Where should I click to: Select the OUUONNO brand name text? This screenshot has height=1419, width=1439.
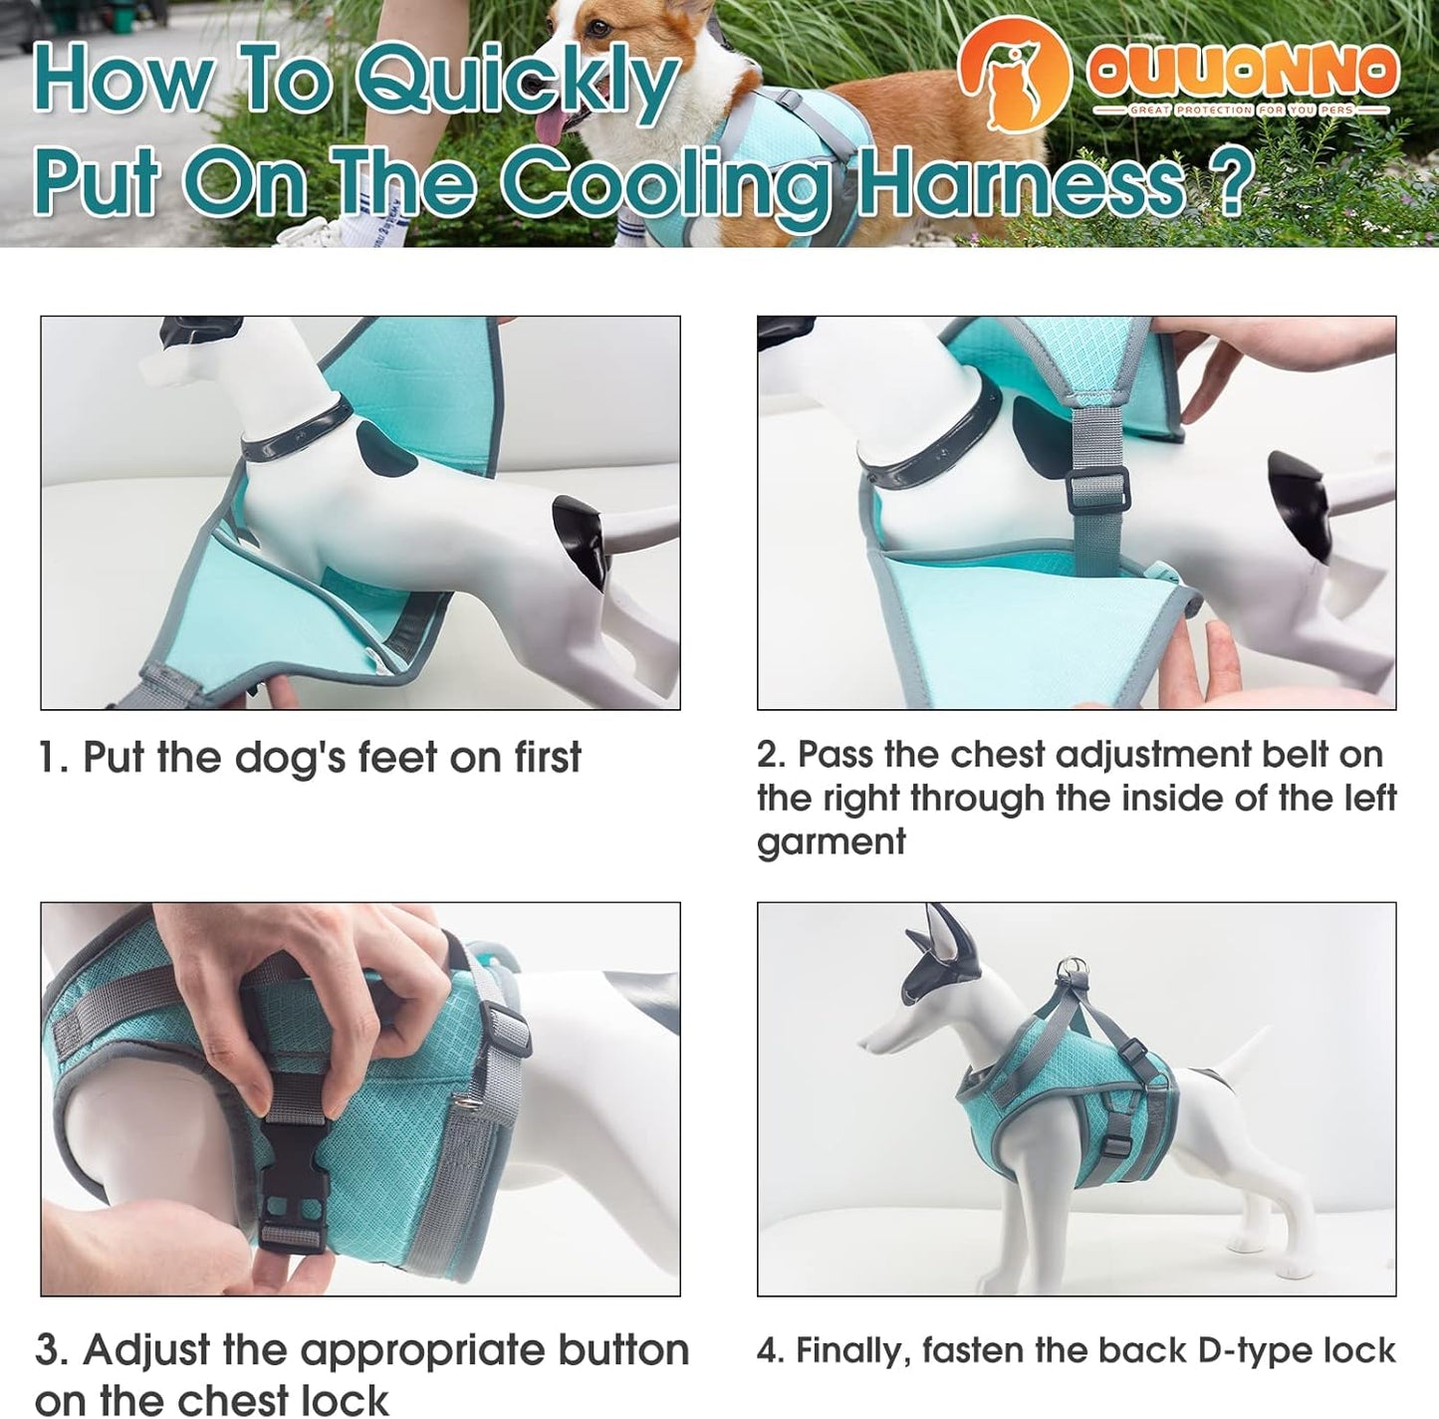coord(1242,70)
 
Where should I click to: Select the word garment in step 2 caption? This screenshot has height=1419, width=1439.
coord(831,842)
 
